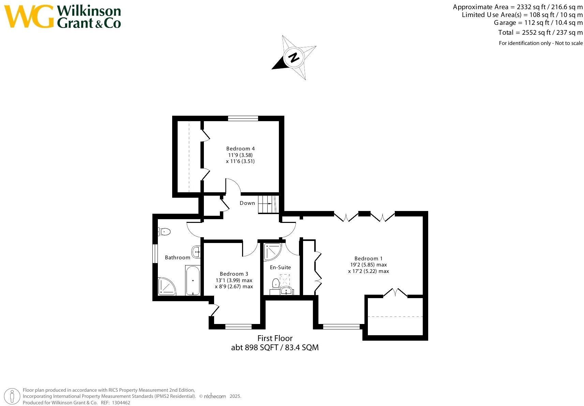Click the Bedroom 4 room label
[240, 149]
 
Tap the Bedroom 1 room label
[368, 259]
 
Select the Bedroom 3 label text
[234, 274]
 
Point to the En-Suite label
[280, 267]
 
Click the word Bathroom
[177, 258]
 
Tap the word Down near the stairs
[247, 203]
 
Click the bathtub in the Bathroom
[193, 280]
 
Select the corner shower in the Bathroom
[166, 287]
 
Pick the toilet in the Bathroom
[164, 232]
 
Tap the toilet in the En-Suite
[276, 283]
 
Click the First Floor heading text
[275, 338]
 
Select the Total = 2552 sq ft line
[540, 33]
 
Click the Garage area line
[538, 23]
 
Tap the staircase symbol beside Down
[267, 204]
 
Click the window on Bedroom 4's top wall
[243, 118]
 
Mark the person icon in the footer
[13, 396]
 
